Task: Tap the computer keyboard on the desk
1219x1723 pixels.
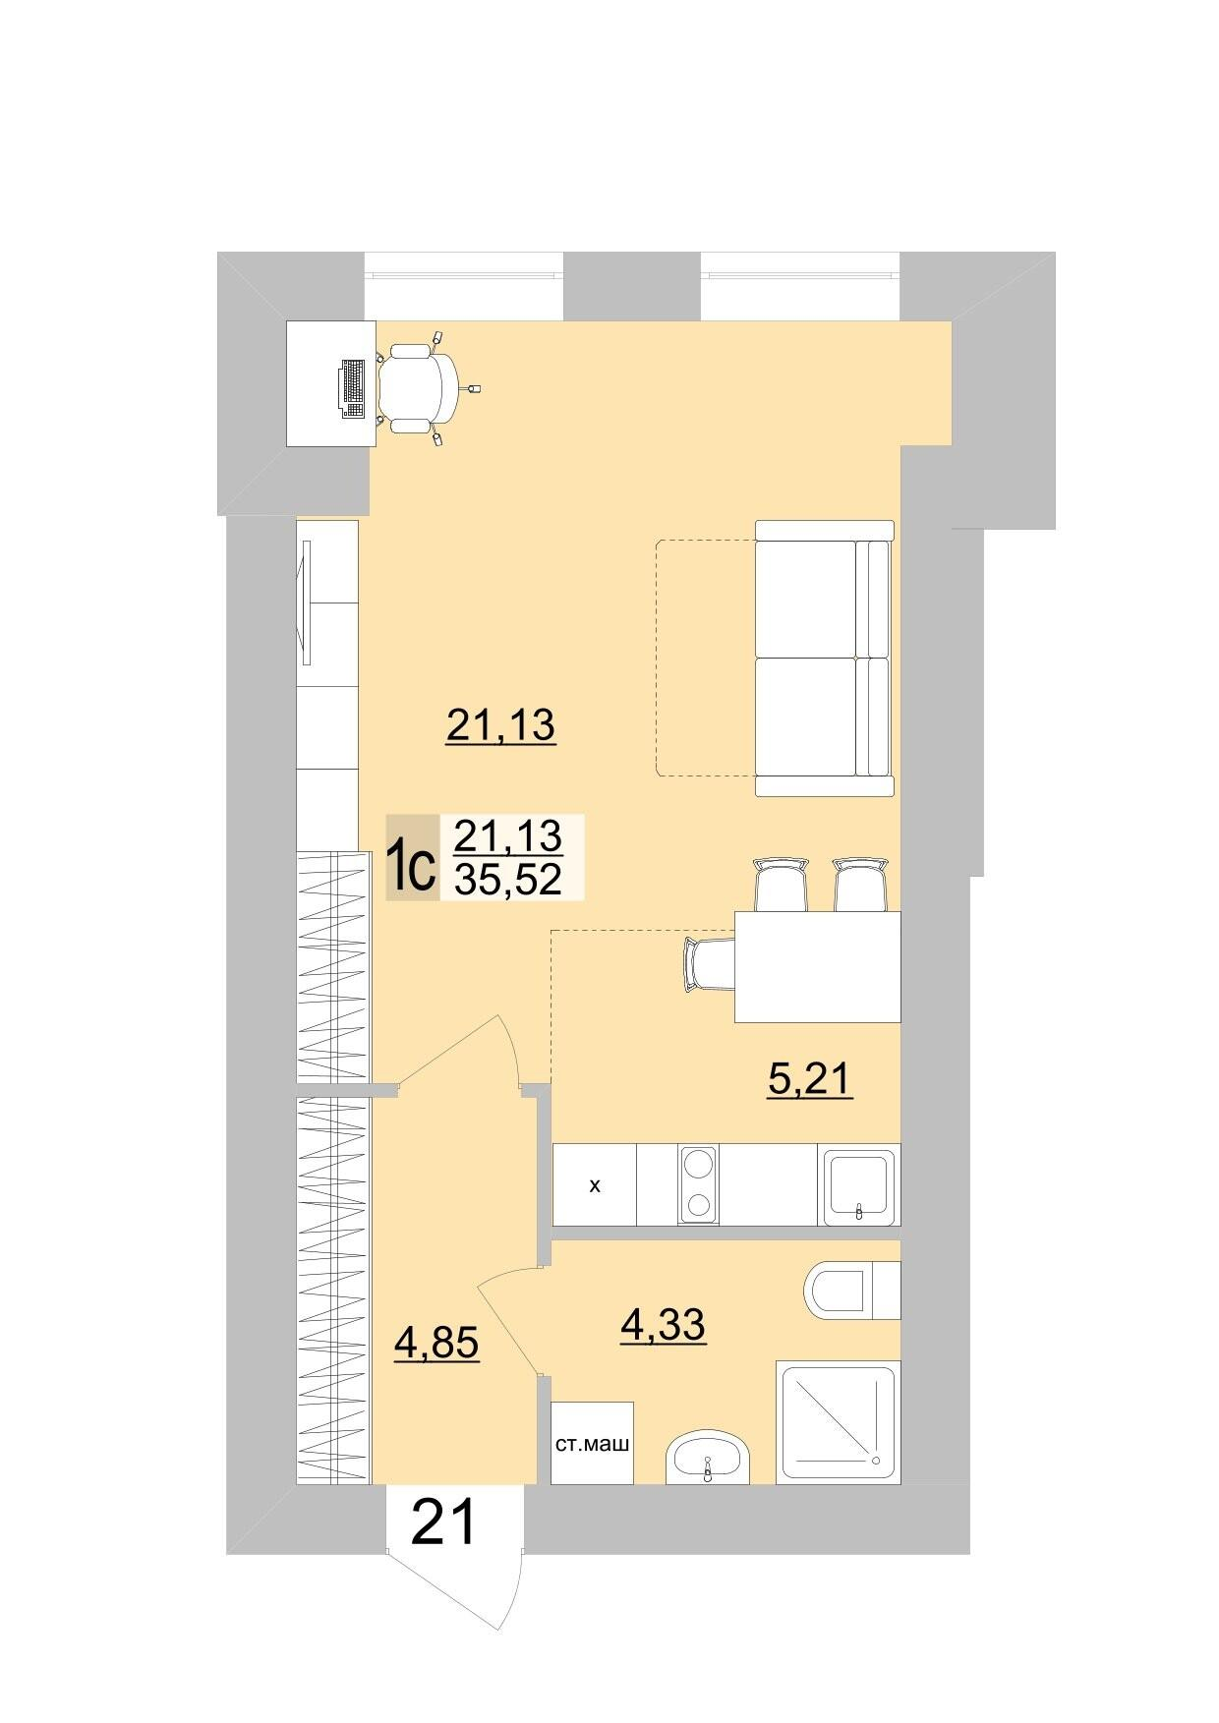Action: click(x=352, y=387)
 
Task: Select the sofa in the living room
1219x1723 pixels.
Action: click(x=825, y=658)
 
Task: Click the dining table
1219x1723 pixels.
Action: click(x=818, y=966)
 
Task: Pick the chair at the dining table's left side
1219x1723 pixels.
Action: click(x=709, y=965)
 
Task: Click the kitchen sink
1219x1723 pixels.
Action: click(x=859, y=1184)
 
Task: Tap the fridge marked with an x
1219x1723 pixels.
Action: click(x=595, y=1184)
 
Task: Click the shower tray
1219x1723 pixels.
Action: click(x=839, y=1422)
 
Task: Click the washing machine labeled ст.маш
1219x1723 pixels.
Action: click(x=592, y=1443)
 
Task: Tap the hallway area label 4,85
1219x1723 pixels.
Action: click(x=436, y=1344)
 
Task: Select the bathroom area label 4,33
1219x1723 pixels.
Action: click(x=663, y=1326)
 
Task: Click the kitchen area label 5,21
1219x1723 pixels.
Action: click(x=809, y=1078)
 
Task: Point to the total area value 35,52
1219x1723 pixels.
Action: click(x=507, y=879)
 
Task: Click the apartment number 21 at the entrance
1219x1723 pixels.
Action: click(x=444, y=1522)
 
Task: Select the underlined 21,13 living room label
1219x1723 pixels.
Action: click(x=501, y=726)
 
